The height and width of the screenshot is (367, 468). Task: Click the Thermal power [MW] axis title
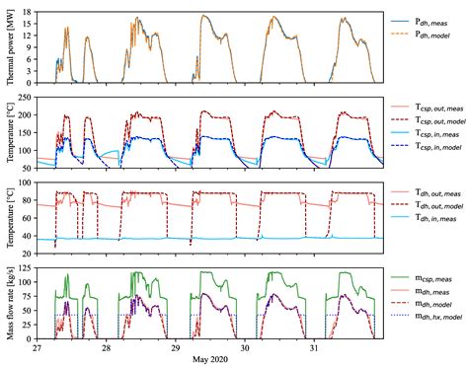pos(10,48)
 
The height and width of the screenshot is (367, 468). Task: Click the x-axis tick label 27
pos(38,349)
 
